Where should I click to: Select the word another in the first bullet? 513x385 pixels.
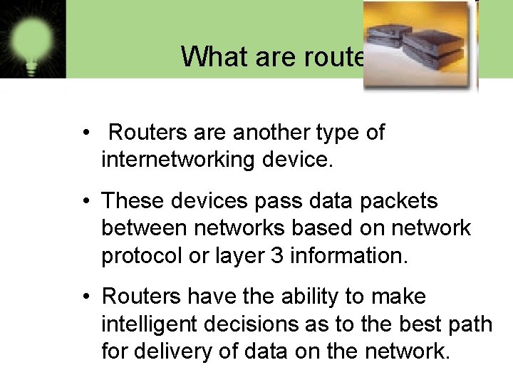coord(271,133)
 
